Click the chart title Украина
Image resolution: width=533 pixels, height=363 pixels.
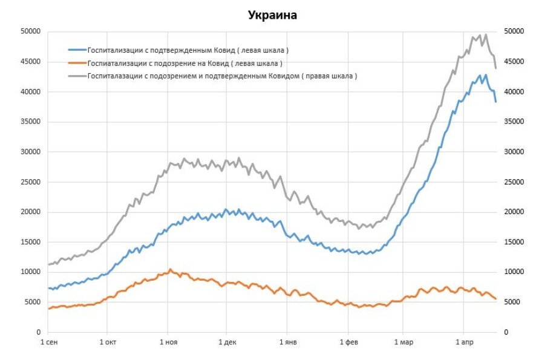[x=272, y=15]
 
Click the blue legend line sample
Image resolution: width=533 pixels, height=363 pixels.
[x=77, y=50]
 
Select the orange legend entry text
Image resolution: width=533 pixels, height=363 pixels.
[x=185, y=63]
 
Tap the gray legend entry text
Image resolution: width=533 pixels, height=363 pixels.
[x=222, y=76]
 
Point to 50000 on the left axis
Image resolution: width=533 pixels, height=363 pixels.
[x=30, y=31]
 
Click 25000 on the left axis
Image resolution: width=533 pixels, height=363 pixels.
[x=30, y=182]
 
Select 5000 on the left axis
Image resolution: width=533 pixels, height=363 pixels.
[x=31, y=302]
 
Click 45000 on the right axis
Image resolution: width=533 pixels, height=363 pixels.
[x=512, y=62]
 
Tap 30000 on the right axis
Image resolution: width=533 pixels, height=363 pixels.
[x=512, y=152]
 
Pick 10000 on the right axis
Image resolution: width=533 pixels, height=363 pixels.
[x=512, y=272]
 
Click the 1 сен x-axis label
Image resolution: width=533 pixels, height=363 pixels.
[x=50, y=342]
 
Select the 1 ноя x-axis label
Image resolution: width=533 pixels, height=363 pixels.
[x=169, y=342]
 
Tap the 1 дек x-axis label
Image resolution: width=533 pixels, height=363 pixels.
[x=226, y=342]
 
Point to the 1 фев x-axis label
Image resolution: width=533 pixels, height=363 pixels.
[x=349, y=342]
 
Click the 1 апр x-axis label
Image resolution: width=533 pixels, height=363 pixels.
[x=463, y=342]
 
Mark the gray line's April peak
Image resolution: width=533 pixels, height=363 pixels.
[x=485, y=34]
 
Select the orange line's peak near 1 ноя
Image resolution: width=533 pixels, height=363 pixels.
[x=170, y=269]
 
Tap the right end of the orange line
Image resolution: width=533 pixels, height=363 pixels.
[x=496, y=299]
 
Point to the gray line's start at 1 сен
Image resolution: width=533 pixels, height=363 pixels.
[x=49, y=264]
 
